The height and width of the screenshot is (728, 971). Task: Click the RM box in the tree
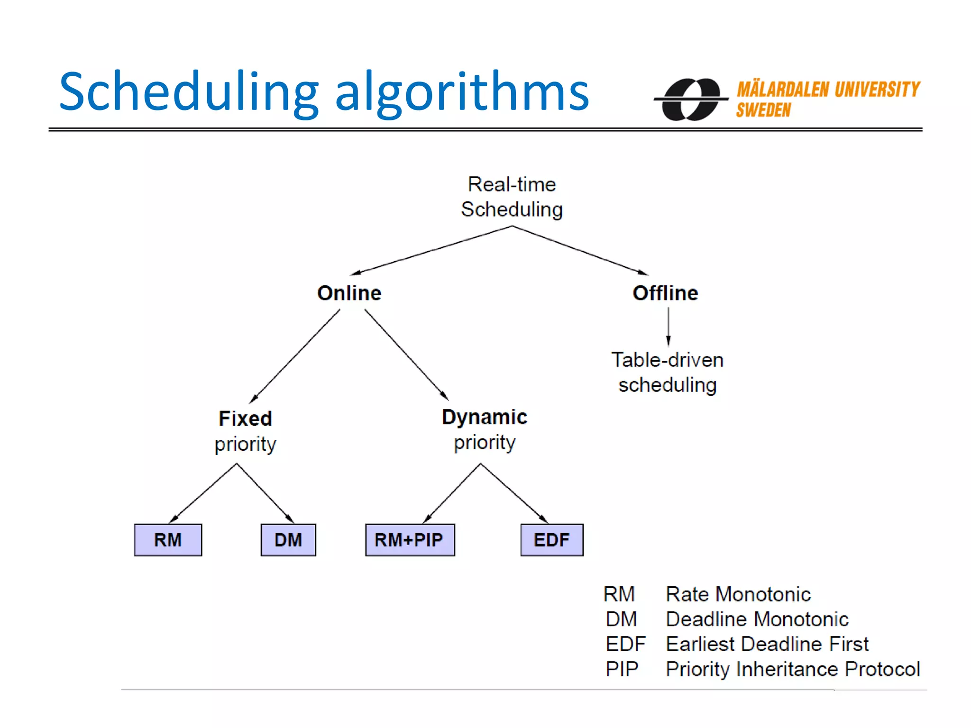tap(168, 540)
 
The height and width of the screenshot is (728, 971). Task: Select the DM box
tap(288, 540)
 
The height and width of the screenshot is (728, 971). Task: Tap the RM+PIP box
tap(410, 540)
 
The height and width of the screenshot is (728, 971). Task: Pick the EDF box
tap(551, 540)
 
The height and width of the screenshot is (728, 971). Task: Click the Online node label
tap(349, 293)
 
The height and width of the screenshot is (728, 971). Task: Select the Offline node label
tap(665, 293)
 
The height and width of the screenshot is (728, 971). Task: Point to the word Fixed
tap(245, 419)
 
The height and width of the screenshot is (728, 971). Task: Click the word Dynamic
tap(484, 417)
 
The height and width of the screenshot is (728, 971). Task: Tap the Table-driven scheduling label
tap(667, 372)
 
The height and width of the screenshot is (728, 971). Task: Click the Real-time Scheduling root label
tap(512, 197)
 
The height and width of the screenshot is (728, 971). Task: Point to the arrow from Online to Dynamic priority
tap(406, 355)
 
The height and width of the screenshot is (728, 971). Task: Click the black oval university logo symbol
tap(691, 99)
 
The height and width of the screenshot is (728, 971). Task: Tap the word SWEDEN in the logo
tap(763, 110)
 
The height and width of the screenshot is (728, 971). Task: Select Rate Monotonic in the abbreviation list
tap(738, 594)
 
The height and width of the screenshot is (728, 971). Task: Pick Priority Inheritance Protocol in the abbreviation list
tap(792, 669)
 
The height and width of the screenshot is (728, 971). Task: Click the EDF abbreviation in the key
tap(625, 644)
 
